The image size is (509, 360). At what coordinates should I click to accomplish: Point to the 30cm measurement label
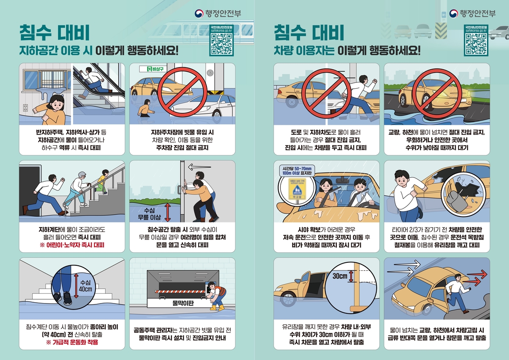point(340,276)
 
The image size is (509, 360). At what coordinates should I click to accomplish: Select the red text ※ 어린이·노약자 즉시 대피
point(72,245)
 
